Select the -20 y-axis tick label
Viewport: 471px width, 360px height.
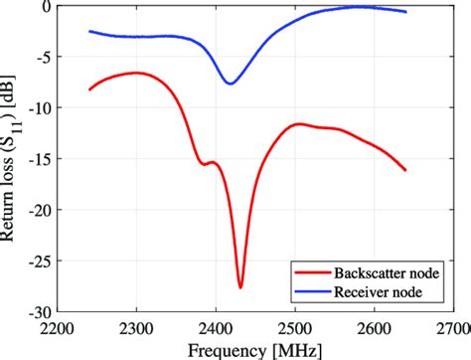pyautogui.click(x=41, y=211)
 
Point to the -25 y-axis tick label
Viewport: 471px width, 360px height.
pyautogui.click(x=41, y=263)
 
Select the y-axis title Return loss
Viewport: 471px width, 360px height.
pyautogui.click(x=13, y=159)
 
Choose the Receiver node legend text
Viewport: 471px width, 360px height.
pyautogui.click(x=376, y=292)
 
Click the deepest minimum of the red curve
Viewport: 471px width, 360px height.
pyautogui.click(x=240, y=287)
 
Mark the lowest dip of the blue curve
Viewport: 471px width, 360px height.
pyautogui.click(x=230, y=84)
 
